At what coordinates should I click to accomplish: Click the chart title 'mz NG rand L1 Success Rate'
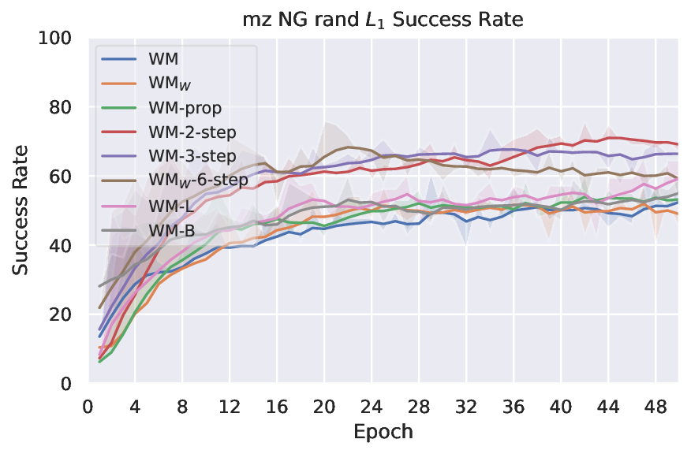click(382, 19)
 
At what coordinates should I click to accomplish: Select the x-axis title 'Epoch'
click(382, 432)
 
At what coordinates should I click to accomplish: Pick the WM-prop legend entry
click(185, 106)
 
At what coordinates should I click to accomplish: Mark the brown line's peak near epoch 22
click(349, 147)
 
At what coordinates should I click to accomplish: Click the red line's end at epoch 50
click(678, 144)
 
